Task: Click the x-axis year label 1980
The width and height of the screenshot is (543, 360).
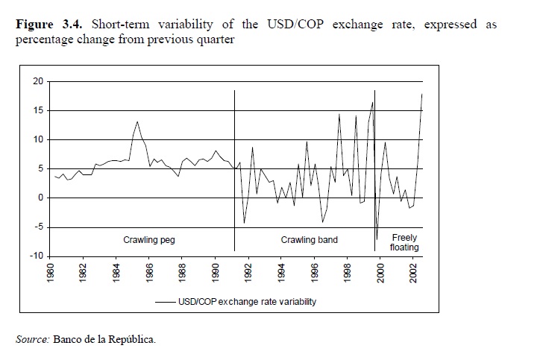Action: point(51,274)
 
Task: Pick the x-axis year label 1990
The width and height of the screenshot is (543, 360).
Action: point(215,274)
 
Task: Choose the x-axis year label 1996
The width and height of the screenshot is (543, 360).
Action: point(314,274)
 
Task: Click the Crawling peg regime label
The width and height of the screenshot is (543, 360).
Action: point(148,240)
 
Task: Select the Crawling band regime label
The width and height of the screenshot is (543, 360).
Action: point(309,240)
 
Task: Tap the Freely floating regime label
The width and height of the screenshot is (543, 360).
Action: point(404,242)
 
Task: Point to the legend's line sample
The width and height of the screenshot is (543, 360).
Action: point(165,302)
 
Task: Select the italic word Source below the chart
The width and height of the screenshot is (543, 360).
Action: point(31,340)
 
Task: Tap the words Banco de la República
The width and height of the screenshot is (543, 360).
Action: point(104,340)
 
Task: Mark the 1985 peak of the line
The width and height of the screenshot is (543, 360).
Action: point(137,121)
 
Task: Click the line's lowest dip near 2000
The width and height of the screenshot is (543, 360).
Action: point(377,239)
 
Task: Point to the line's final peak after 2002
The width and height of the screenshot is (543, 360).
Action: point(422,95)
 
